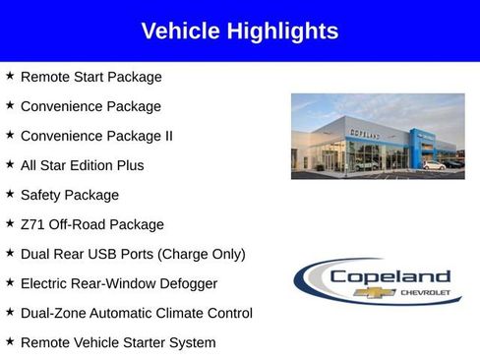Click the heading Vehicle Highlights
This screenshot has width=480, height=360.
239,31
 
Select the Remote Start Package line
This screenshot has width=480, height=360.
90,77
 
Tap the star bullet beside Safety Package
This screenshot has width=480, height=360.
9,194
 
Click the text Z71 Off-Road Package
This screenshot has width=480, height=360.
91,224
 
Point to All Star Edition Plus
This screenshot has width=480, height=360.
82,165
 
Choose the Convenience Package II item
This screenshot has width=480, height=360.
96,136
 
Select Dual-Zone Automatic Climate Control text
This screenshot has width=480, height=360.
136,313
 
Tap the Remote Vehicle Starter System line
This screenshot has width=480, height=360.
118,342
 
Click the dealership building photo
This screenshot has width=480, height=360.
378,136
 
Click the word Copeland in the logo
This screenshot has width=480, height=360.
390,276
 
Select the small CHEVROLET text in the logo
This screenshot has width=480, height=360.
425,293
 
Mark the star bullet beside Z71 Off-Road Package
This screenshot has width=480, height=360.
9,223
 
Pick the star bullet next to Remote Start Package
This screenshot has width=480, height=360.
9,76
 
